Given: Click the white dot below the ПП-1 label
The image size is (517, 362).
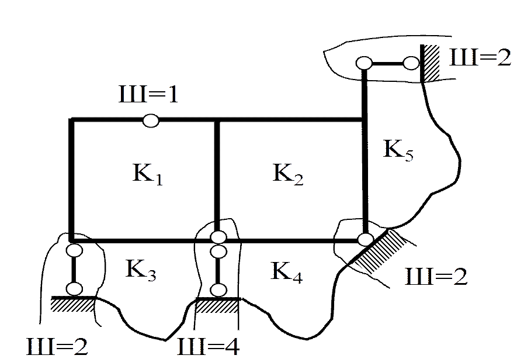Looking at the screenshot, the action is point(150,120).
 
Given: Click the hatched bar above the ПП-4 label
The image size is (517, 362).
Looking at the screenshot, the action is point(216,306).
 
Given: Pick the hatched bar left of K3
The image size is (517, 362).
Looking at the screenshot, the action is point(72,304).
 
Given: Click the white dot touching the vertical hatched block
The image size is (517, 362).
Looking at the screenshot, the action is point(411,63).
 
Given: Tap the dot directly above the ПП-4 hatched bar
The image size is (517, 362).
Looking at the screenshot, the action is point(218,289).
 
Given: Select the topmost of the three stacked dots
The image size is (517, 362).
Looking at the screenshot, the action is point(218,237).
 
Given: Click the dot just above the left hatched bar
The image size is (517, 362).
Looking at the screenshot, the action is point(74,288).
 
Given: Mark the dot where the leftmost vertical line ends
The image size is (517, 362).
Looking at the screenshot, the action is point(74,250).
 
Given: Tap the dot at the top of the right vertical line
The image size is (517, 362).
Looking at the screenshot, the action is point(365,63).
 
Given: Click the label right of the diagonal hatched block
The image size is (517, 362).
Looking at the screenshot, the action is point(436,275).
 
